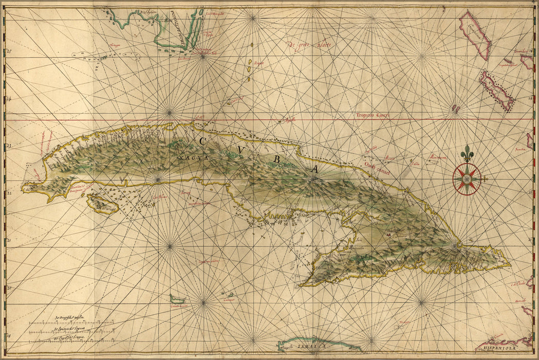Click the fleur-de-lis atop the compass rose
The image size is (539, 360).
pos(467,153)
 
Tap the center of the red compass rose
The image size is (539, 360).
pos(467,179)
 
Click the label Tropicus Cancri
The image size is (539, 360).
pos(373,116)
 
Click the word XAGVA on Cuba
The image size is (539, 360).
pos(194,158)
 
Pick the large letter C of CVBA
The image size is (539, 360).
pos(202,140)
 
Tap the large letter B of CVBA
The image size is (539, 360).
pos(276,160)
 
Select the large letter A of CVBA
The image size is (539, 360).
pos(314,168)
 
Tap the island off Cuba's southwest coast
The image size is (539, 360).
pos(103,204)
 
